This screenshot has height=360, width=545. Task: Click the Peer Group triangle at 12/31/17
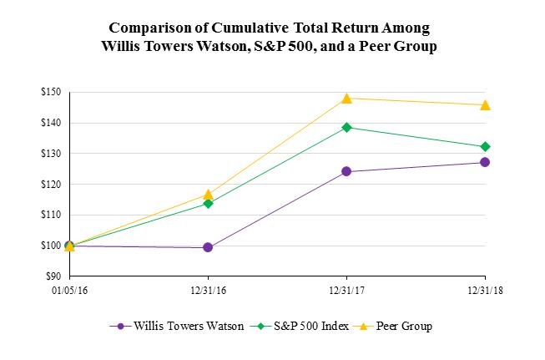(346, 99)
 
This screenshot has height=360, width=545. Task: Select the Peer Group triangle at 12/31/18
(485, 105)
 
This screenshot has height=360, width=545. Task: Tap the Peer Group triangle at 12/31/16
(208, 195)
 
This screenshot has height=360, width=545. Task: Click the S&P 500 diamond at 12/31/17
(346, 127)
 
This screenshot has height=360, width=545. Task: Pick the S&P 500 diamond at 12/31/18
(485, 147)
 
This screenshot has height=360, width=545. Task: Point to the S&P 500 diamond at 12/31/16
(208, 203)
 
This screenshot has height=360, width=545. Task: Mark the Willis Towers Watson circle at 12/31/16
(208, 247)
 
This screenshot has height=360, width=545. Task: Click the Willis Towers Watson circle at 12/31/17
(346, 172)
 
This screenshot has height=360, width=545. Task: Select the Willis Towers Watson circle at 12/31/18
(485, 162)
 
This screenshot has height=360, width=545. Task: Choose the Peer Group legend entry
(402, 326)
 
